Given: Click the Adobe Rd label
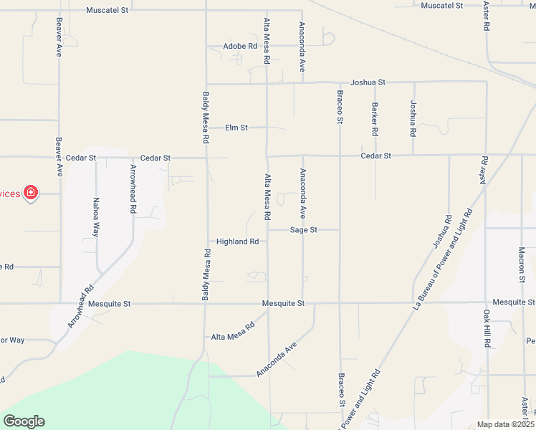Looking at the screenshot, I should point(239,46).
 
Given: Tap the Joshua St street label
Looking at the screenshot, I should point(368,82).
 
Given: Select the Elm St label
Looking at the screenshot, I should point(236,128).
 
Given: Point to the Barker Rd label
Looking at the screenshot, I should point(375,120).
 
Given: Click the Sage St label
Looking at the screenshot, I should point(304,230).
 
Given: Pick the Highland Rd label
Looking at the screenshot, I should point(237,242).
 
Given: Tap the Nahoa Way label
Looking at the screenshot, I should point(95,217).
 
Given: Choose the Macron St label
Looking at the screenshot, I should point(522,265).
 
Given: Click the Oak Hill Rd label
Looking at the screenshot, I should point(486,329).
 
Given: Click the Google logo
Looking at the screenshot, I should point(24,421).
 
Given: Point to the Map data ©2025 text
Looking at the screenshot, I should point(505,424).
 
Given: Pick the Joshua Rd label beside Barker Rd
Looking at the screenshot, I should point(413,118).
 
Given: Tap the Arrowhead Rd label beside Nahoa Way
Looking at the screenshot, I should point(133,190).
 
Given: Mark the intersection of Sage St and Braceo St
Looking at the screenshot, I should point(340,230).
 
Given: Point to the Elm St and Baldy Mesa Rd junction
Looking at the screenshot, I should point(206,128).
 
